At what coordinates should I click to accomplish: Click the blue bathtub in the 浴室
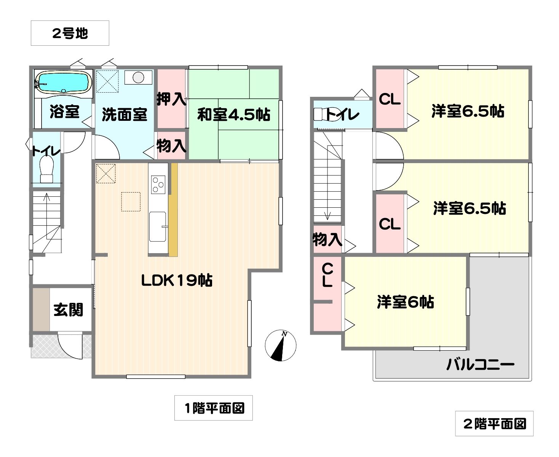pos(64,82)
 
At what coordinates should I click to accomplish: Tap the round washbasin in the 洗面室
pos(138,77)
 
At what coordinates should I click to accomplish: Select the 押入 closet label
pos(171,99)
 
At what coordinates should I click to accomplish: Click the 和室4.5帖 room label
pos(233,115)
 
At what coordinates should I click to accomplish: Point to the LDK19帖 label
pos(177,280)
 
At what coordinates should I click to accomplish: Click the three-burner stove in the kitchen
pos(158,184)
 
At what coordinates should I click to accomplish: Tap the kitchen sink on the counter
pos(158,226)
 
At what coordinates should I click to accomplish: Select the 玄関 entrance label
pos(69,310)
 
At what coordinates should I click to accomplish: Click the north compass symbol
pos(280,345)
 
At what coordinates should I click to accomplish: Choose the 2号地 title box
pos(70,33)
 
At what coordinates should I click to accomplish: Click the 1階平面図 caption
pos(213,408)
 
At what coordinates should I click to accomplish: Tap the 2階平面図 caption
pos(494,424)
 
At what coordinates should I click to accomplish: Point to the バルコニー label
pos(481,364)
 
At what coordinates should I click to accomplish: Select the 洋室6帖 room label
pos(405,302)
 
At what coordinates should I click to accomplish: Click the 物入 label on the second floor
pos(327,239)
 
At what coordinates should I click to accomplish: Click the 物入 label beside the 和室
pos(171,146)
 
